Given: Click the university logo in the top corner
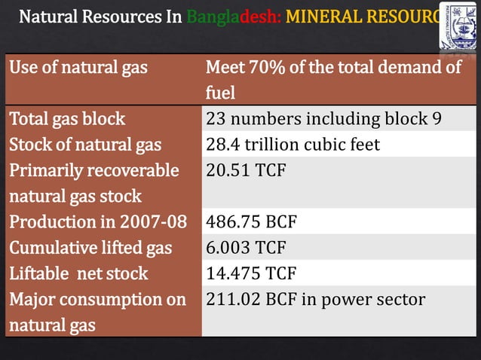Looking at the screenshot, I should coord(458,26).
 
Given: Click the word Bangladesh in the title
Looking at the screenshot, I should coord(233,16).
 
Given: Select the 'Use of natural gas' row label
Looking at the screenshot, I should coord(78,68).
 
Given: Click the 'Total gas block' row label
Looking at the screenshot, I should coord(67,119).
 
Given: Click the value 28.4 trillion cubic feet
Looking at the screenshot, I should coord(293,145).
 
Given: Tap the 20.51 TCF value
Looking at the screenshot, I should coord(246,170).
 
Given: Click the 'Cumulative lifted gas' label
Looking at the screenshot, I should coord(90,247).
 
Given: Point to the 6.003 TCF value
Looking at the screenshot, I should coord(245,247).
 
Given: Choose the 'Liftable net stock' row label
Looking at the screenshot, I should coord(78,273).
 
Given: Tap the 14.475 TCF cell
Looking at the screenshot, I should coord(251,273).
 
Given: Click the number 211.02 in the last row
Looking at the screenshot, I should coord(232,299).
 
